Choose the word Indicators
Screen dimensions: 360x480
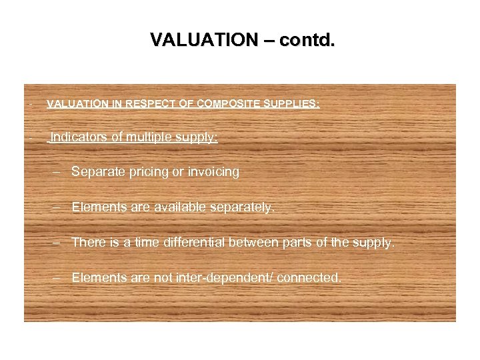[79, 137]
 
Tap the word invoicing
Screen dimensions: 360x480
[212, 172]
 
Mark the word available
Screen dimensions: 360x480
[181, 207]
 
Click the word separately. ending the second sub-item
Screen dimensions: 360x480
[243, 207]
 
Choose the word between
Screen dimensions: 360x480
[253, 242]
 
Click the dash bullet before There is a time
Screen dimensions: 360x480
[58, 242]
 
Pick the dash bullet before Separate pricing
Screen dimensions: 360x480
[58, 172]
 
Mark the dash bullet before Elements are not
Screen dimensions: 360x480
[58, 277]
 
